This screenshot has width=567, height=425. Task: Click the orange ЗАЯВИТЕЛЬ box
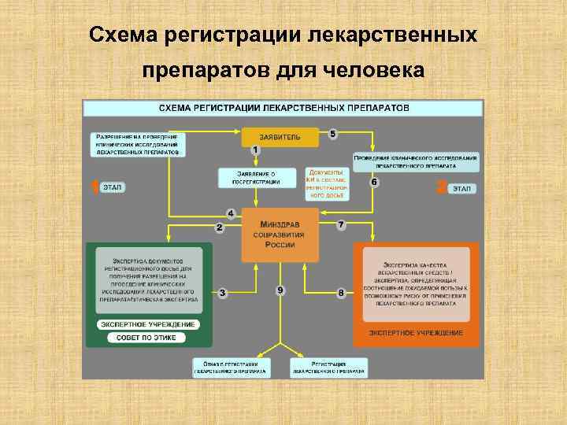[x=280, y=136]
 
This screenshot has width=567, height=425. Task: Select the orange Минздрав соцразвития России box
[x=280, y=235]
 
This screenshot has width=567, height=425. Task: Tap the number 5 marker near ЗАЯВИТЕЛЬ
[x=332, y=135]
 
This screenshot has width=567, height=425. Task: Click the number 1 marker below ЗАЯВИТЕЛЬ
[x=255, y=150]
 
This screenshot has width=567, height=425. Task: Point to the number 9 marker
[x=280, y=290]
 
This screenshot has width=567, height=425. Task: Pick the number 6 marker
[x=374, y=182]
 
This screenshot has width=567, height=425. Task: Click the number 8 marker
[x=340, y=293]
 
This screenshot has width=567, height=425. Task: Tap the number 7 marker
[x=340, y=225]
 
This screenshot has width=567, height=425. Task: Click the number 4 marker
[x=231, y=213]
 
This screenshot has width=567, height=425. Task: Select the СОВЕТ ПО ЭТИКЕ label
[x=147, y=338]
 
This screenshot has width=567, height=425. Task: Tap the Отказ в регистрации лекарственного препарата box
[x=232, y=367]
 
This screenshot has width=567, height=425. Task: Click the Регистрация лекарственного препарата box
[x=328, y=367]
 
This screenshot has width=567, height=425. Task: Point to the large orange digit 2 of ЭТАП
[x=441, y=187]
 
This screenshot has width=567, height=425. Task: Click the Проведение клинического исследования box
[x=416, y=162]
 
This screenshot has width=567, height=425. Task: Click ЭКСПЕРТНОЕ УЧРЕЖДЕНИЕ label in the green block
[x=147, y=324]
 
